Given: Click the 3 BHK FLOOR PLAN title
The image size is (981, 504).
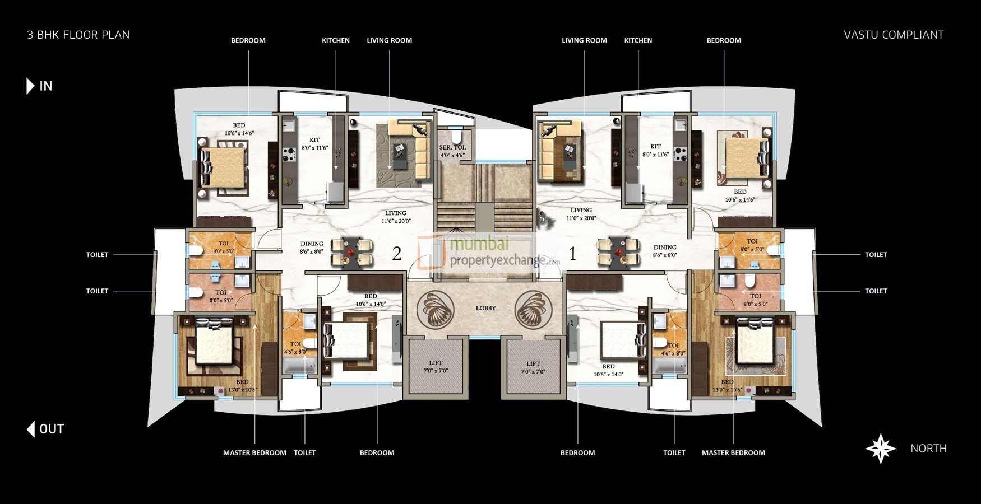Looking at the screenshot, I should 78,35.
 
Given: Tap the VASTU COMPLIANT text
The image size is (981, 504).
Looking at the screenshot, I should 894,35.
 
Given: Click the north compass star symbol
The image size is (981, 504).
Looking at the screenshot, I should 881,448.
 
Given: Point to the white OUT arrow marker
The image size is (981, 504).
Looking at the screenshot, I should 31,429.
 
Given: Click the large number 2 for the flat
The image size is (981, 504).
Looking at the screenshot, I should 397,254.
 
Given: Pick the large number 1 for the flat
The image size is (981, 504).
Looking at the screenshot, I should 572,254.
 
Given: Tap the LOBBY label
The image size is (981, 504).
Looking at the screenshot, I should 485,308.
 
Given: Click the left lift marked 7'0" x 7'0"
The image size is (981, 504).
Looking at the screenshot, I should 436,366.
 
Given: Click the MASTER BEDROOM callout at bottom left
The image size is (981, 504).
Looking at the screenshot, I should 254,452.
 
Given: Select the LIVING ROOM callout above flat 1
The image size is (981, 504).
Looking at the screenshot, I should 584,40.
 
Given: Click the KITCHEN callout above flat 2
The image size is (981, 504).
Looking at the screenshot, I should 336,40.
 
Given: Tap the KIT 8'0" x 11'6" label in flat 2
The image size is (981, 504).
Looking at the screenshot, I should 314,144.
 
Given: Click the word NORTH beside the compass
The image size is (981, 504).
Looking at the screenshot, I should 928,449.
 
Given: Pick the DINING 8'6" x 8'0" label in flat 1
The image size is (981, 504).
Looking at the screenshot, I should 665,251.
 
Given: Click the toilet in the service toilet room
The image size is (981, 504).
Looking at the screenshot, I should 456,137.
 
